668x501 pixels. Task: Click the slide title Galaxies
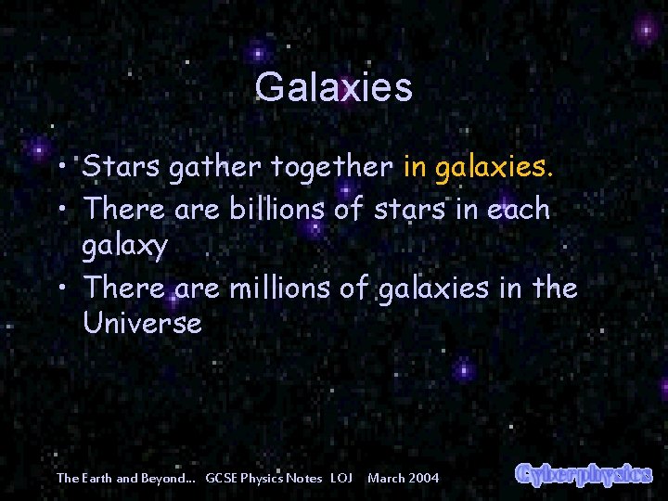tap(333, 87)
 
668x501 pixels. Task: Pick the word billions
tap(273, 209)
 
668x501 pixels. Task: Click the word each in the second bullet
tap(515, 209)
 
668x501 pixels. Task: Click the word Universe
tap(142, 324)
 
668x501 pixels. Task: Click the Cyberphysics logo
tap(584, 473)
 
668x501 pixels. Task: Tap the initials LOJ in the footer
tap(341, 478)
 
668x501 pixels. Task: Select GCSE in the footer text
tap(223, 478)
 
